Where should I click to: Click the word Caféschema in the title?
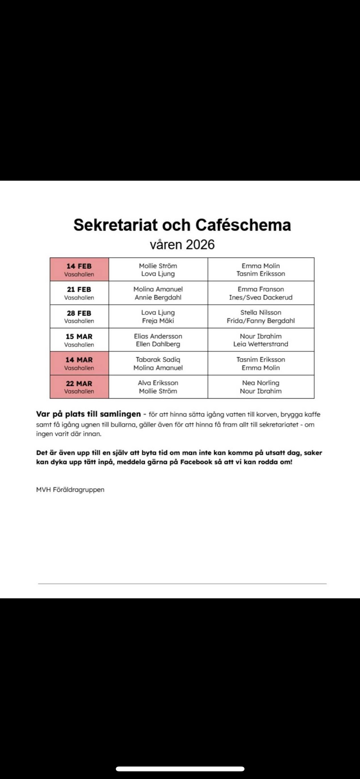(243, 225)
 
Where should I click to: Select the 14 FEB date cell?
(79, 269)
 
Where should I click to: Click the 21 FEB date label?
(79, 289)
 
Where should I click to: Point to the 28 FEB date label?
(79, 313)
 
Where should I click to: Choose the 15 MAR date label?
(79, 336)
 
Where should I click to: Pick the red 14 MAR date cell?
(79, 363)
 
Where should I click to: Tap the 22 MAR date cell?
(79, 386)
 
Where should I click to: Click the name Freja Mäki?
(158, 321)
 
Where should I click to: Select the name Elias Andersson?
(158, 336)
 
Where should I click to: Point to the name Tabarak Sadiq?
(158, 359)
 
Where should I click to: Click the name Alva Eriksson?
(158, 383)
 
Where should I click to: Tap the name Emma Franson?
(261, 289)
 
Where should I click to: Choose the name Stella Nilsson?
(261, 313)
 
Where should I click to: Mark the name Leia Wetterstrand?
(261, 344)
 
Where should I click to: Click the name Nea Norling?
(261, 383)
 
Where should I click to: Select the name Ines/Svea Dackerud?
(261, 298)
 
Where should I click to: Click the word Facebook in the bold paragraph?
(196, 462)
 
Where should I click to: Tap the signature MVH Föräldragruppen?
(70, 490)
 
